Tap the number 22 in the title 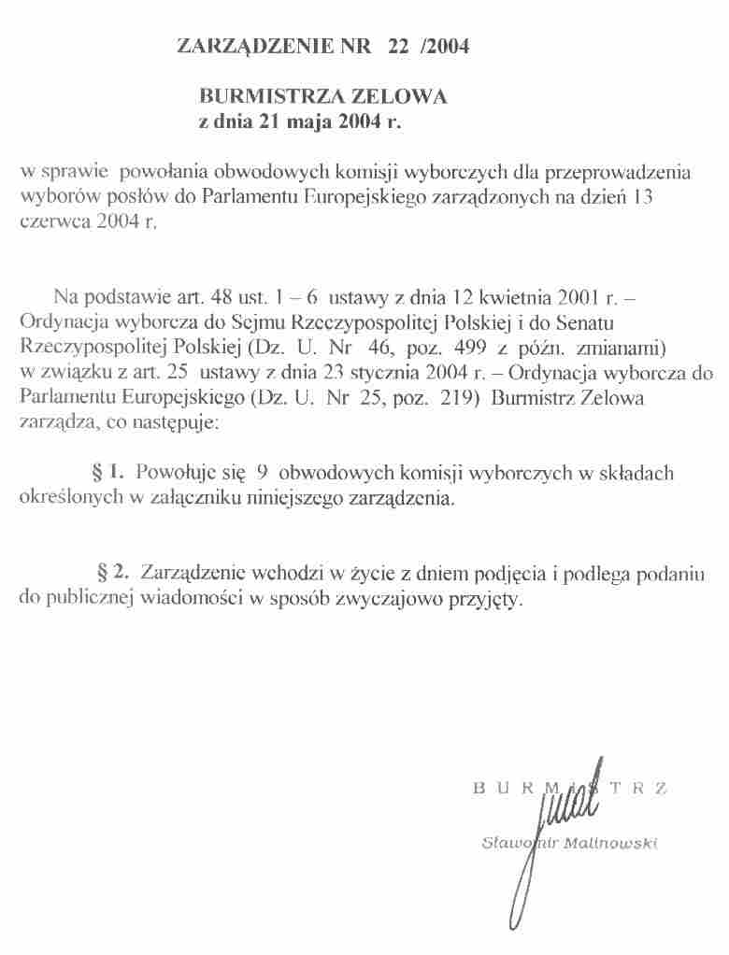pos(393,45)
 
